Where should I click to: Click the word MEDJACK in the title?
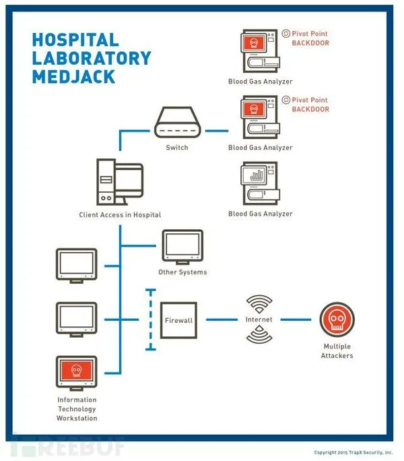(73, 77)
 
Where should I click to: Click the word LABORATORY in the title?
(92, 58)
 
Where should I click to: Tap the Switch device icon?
(178, 122)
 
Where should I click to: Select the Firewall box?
(178, 320)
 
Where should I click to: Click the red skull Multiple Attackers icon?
(337, 319)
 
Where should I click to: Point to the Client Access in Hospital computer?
(120, 182)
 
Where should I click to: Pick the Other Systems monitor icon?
(182, 247)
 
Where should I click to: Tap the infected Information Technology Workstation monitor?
(76, 373)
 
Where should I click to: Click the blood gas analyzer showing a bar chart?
(261, 183)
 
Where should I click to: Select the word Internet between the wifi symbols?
(259, 319)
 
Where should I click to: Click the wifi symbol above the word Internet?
(259, 303)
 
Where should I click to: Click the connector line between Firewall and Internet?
(222, 319)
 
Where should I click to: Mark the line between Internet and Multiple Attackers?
(296, 319)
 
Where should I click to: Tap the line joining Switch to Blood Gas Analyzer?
(217, 131)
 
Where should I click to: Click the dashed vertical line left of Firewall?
(151, 319)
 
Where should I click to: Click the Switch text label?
(177, 148)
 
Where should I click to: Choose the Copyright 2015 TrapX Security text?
(353, 452)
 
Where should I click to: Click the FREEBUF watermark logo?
(67, 447)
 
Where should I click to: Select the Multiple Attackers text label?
(337, 350)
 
